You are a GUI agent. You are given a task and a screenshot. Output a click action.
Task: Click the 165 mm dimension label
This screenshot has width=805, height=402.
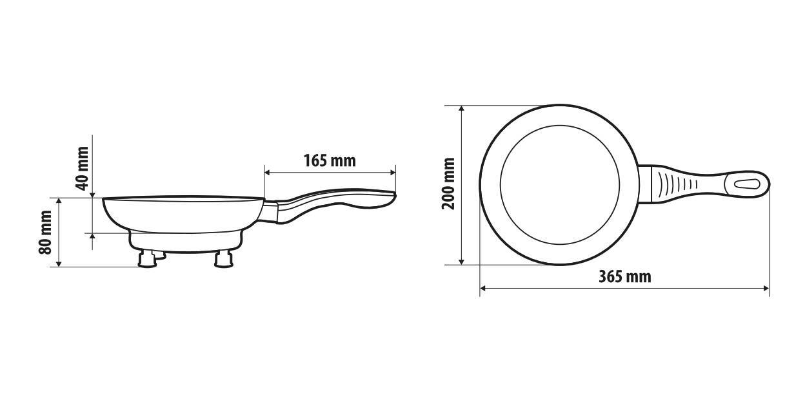(x=329, y=160)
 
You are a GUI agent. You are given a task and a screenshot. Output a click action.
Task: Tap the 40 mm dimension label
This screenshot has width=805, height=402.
(x=82, y=168)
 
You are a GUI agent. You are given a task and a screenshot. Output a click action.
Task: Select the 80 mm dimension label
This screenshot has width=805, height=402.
(x=46, y=233)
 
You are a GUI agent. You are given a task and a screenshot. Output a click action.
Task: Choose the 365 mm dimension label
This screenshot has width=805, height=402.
(x=624, y=277)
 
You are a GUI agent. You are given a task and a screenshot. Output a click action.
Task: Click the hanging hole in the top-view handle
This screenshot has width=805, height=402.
(x=748, y=183)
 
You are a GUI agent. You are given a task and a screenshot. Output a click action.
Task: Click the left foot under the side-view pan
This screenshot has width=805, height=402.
(x=147, y=259)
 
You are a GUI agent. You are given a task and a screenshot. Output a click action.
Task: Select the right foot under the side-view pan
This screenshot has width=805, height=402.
(x=224, y=259)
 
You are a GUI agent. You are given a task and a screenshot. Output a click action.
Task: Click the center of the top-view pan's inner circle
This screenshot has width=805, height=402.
(x=559, y=184)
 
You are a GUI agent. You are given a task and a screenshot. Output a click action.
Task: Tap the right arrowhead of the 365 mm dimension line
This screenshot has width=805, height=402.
(x=766, y=288)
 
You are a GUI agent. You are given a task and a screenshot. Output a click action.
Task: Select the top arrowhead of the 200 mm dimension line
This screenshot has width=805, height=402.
(x=462, y=108)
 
